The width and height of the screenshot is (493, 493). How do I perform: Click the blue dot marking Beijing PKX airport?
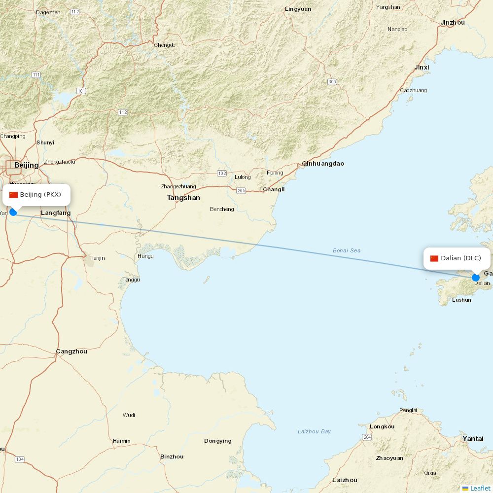[x=13, y=212]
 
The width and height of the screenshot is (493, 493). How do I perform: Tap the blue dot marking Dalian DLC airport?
[x=475, y=278]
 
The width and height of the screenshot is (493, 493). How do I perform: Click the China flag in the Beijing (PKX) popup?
[x=13, y=195]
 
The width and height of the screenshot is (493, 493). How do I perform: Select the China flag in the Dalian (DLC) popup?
[x=434, y=258]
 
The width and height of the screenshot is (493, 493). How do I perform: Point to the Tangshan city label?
[x=183, y=198]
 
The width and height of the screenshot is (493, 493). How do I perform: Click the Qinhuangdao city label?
[x=323, y=164]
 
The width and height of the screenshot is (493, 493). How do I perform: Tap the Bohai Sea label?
[x=346, y=250]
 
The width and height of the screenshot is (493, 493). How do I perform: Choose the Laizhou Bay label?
[x=314, y=431]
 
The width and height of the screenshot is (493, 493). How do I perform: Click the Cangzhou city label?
[x=71, y=352]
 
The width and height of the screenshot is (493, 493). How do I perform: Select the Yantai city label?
[x=473, y=438]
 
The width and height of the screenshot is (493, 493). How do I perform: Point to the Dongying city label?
[x=217, y=441]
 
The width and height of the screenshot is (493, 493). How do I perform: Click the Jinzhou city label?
[x=453, y=23]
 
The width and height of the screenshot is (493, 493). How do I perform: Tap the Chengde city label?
[x=165, y=45]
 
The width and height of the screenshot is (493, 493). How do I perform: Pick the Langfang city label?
[x=56, y=213]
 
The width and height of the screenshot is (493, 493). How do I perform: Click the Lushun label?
[x=461, y=299]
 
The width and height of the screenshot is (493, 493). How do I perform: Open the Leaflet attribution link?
[x=480, y=488]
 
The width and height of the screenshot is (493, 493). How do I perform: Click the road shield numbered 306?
[x=332, y=82]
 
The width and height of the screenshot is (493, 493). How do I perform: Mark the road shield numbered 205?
[x=241, y=191]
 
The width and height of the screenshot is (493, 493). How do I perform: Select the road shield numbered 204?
[x=366, y=437]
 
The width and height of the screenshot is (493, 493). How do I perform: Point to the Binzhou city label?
[x=172, y=457]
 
